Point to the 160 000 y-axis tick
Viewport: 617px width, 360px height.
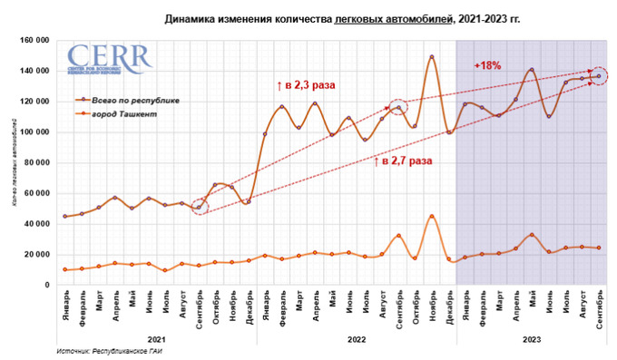click(34, 40)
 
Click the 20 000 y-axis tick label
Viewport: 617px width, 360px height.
click(37, 255)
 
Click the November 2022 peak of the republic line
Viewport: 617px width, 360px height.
click(432, 57)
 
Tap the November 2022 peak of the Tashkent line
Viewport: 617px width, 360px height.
click(432, 216)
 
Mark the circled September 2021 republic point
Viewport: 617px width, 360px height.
click(200, 208)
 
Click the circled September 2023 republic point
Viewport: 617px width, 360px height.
click(599, 75)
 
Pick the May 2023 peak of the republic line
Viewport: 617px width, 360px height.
click(532, 70)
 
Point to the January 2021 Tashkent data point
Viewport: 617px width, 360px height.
click(65, 269)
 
